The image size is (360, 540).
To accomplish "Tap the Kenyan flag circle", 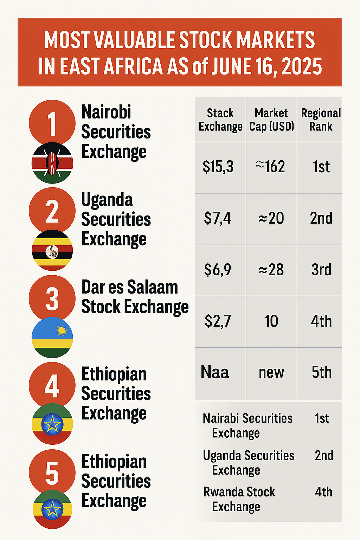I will tap(52, 163).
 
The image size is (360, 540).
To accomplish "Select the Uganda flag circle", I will tap(52, 250).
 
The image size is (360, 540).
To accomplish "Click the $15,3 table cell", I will tap(218, 167).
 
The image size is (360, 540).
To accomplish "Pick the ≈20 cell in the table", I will tap(271, 218).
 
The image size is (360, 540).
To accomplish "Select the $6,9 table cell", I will tap(218, 270).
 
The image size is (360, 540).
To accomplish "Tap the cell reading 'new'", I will tap(271, 373).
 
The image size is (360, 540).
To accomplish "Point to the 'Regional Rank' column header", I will tap(321, 120).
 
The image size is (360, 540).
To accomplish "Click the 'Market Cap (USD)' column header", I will tap(271, 120).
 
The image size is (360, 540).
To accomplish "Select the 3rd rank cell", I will tap(321, 270).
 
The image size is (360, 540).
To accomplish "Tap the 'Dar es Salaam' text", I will tap(130, 287).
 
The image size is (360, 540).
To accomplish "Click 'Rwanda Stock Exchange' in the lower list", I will tap(239, 499).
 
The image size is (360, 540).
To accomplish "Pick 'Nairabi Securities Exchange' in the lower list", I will tap(247, 425).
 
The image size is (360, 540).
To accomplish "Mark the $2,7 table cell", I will tap(218, 321).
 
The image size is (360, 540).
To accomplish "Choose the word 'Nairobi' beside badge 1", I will tap(106, 112).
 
